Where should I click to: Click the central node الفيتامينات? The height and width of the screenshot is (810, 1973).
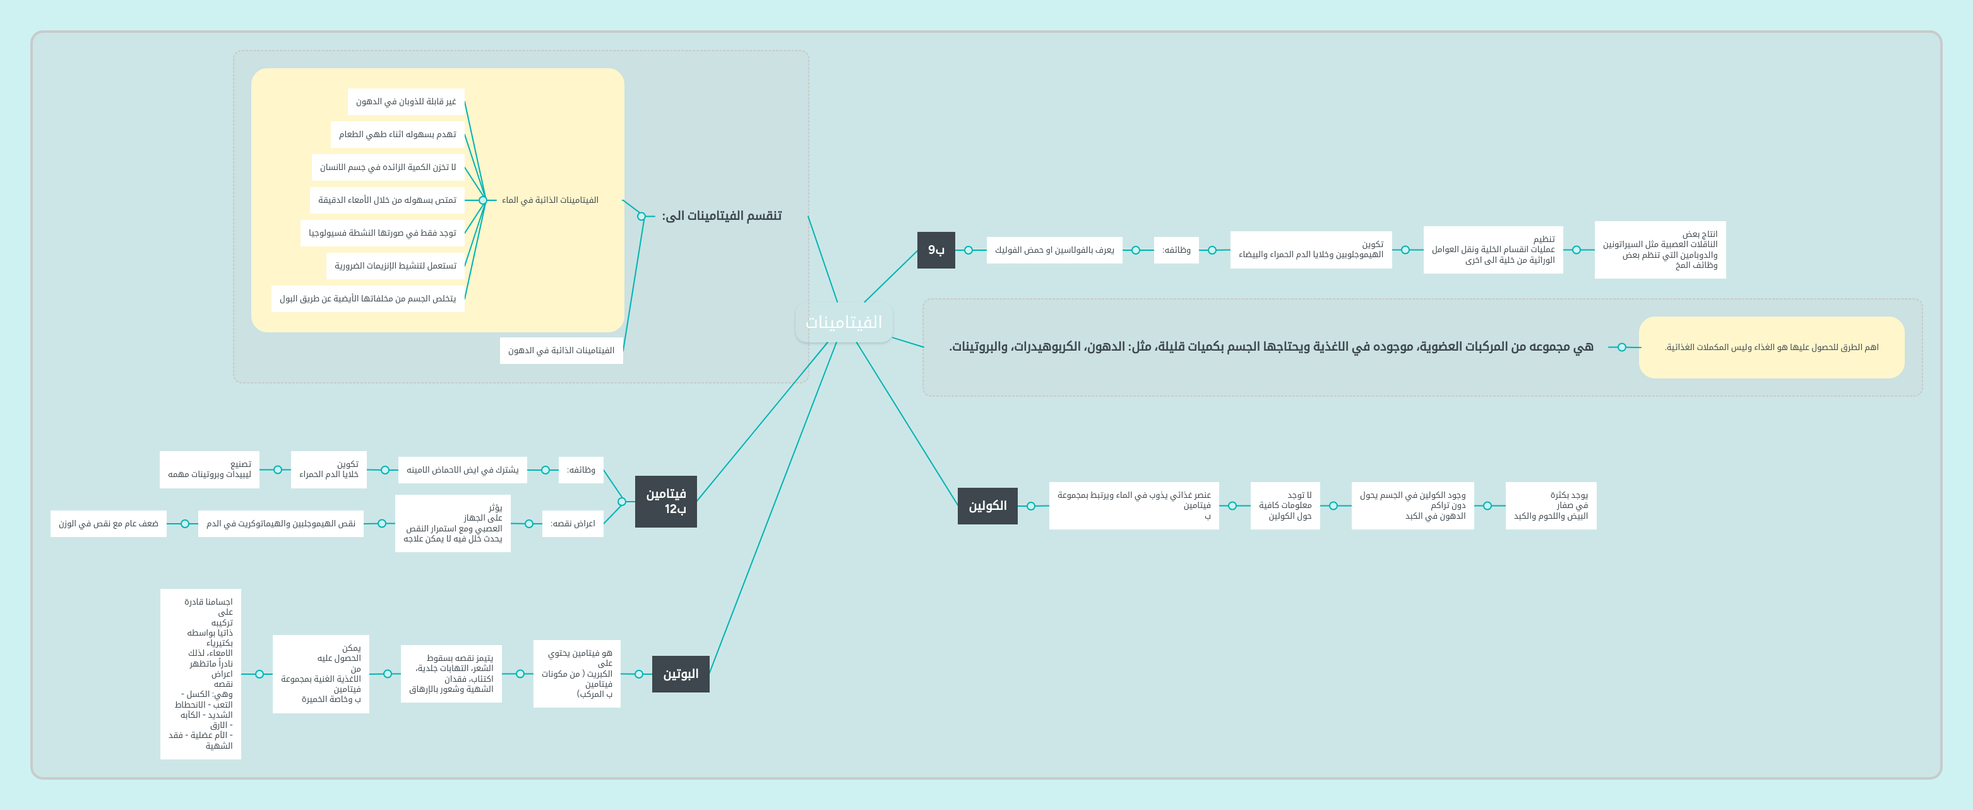tap(843, 322)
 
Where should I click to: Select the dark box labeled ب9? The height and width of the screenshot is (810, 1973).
tap(936, 250)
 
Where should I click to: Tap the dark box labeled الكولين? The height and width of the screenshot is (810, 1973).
tap(987, 505)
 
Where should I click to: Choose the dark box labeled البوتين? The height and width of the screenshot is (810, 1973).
tap(680, 674)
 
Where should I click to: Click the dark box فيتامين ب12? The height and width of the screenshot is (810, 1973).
tap(665, 501)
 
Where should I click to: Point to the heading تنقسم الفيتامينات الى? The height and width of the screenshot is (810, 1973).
tap(722, 215)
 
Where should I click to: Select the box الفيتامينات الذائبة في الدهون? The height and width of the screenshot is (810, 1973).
tap(561, 350)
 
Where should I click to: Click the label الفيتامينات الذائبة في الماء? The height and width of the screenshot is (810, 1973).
tap(550, 200)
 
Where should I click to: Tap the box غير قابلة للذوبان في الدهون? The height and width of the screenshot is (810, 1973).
tap(405, 101)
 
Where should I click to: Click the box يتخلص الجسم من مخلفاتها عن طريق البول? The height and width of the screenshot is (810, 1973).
tap(367, 298)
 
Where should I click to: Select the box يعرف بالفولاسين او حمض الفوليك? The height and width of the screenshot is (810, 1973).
tap(1054, 250)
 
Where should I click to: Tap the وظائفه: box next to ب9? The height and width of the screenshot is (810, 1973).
tap(1176, 250)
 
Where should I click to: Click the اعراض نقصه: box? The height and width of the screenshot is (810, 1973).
tap(572, 523)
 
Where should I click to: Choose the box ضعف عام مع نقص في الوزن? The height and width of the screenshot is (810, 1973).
tap(108, 523)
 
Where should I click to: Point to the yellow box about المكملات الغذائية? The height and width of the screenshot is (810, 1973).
tap(1771, 347)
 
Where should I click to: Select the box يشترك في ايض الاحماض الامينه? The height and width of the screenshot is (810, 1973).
tap(462, 469)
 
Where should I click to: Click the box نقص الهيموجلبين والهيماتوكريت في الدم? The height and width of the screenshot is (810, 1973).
tap(280, 523)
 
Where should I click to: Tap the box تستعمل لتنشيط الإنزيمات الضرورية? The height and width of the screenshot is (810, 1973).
tap(395, 266)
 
